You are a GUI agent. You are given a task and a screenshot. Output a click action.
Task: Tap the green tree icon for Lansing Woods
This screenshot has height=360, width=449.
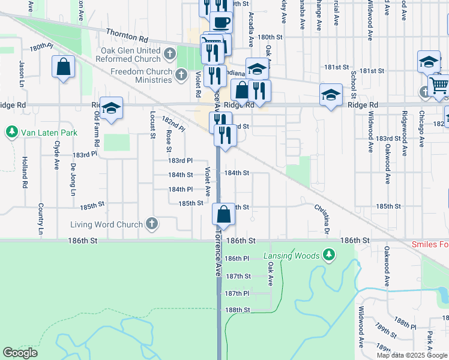pos(328,256)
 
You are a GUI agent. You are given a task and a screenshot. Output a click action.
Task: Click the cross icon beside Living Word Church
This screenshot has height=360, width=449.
pos(152,224)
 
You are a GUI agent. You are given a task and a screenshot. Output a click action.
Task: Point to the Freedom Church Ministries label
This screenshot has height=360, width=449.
pos(141,76)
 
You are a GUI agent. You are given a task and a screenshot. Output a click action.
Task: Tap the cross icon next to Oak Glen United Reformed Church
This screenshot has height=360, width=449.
pos(170,55)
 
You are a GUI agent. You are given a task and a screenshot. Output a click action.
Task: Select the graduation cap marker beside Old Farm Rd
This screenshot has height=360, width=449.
pos(111,108)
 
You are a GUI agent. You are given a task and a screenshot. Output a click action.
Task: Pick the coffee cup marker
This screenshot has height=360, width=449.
pos(221,22)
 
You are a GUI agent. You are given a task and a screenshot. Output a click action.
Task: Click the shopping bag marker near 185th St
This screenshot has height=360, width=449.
pos(223,214)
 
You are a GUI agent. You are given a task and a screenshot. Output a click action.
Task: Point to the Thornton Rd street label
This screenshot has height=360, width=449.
pos(127,35)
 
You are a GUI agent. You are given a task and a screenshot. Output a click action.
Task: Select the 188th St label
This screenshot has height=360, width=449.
pos(237,310)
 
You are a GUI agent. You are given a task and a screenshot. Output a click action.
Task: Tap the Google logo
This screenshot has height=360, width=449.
pos(20,353)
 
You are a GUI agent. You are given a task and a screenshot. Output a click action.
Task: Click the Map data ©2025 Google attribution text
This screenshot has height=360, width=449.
pos(411,355)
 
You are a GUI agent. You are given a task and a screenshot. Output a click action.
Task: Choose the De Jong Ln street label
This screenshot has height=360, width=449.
pos(73,179)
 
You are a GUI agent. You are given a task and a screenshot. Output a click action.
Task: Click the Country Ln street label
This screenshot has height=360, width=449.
pos(41,218)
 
